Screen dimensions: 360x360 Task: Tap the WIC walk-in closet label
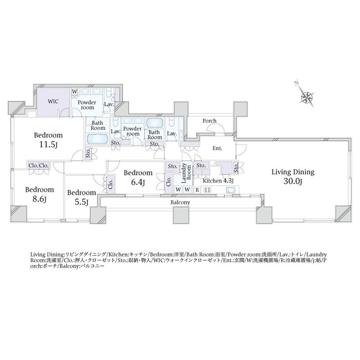(x=53, y=101)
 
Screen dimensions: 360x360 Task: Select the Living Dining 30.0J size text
(x=293, y=182)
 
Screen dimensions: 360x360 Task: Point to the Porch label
(x=209, y=121)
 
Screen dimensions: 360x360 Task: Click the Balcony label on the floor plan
(x=180, y=203)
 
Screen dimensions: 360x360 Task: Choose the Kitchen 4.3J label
(x=218, y=181)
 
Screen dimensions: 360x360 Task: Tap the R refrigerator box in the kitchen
(x=197, y=190)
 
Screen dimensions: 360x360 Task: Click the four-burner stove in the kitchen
(x=207, y=190)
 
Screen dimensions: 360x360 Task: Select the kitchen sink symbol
(x=230, y=190)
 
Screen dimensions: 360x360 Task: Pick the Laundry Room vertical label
(x=186, y=173)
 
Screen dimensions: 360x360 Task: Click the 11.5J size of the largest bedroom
(x=48, y=145)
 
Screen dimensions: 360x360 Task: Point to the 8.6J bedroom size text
(x=39, y=199)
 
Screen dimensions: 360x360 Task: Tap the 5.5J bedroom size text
(x=81, y=202)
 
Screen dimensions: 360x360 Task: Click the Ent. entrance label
(x=217, y=148)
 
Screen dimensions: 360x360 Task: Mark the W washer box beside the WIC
(x=75, y=92)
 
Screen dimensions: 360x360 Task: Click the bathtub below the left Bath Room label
(x=97, y=139)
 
